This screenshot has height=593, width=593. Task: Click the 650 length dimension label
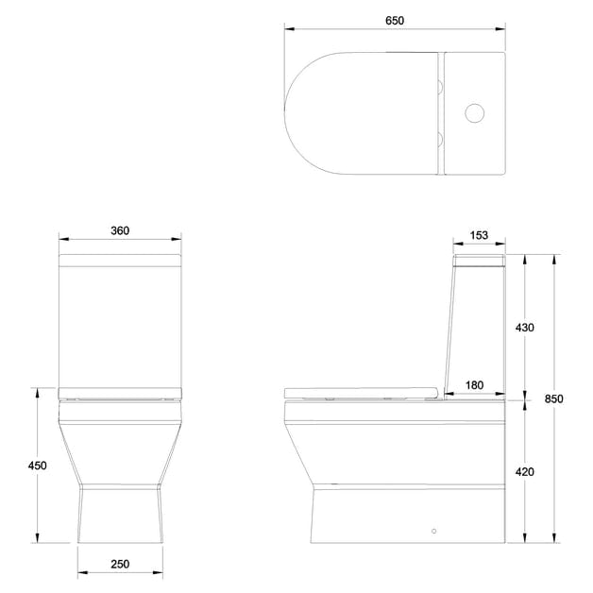pyautogui.click(x=395, y=20)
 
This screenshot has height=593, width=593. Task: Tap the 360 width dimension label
pyautogui.click(x=119, y=230)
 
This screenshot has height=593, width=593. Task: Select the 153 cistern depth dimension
pyautogui.click(x=478, y=236)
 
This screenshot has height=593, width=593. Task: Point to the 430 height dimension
pyautogui.click(x=524, y=328)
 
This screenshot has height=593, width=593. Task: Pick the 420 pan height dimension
pyautogui.click(x=524, y=471)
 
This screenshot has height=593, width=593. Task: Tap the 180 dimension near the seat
pyautogui.click(x=475, y=385)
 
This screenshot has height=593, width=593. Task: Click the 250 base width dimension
pyautogui.click(x=119, y=564)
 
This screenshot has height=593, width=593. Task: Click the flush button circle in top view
pyautogui.click(x=476, y=116)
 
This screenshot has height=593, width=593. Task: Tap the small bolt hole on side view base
pyautogui.click(x=433, y=532)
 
